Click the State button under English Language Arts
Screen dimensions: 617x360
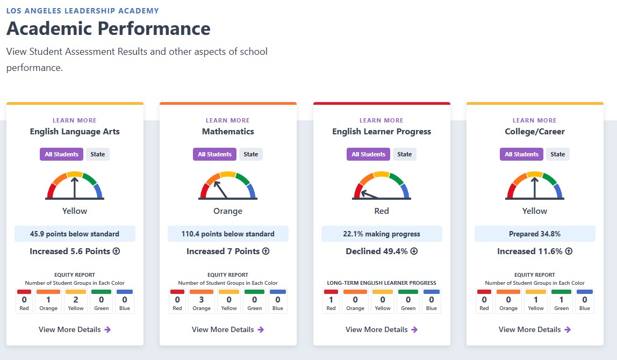pyautogui.click(x=98, y=154)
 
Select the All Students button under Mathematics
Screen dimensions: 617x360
pyautogui.click(x=214, y=154)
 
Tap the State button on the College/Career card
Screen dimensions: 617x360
pyautogui.click(x=557, y=154)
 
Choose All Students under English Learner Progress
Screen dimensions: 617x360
pyautogui.click(x=368, y=154)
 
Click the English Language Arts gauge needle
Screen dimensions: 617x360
pyautogui.click(x=74, y=188)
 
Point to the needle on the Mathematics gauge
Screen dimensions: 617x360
pyautogui.click(x=220, y=189)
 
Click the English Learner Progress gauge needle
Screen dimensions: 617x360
pyautogui.click(x=370, y=195)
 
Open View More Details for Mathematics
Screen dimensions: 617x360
pyautogui.click(x=228, y=330)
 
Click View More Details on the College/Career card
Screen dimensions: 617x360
pyautogui.click(x=535, y=330)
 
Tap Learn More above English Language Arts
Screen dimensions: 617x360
pyautogui.click(x=75, y=120)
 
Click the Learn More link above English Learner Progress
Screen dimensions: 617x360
pyautogui.click(x=382, y=120)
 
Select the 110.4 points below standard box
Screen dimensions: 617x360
pyautogui.click(x=228, y=234)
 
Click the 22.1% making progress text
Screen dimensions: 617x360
pyautogui.click(x=382, y=234)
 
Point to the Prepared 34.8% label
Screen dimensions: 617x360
pyautogui.click(x=535, y=234)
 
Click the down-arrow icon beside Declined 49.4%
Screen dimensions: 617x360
pyautogui.click(x=414, y=251)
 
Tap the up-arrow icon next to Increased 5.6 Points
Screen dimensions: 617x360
pyautogui.click(x=116, y=251)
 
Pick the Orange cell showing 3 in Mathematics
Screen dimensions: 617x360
pyautogui.click(x=202, y=300)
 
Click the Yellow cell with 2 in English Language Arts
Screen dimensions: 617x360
pyautogui.click(x=76, y=300)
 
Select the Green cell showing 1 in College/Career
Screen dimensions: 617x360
pyautogui.click(x=561, y=300)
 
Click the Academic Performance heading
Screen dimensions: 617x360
pyautogui.click(x=109, y=28)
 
